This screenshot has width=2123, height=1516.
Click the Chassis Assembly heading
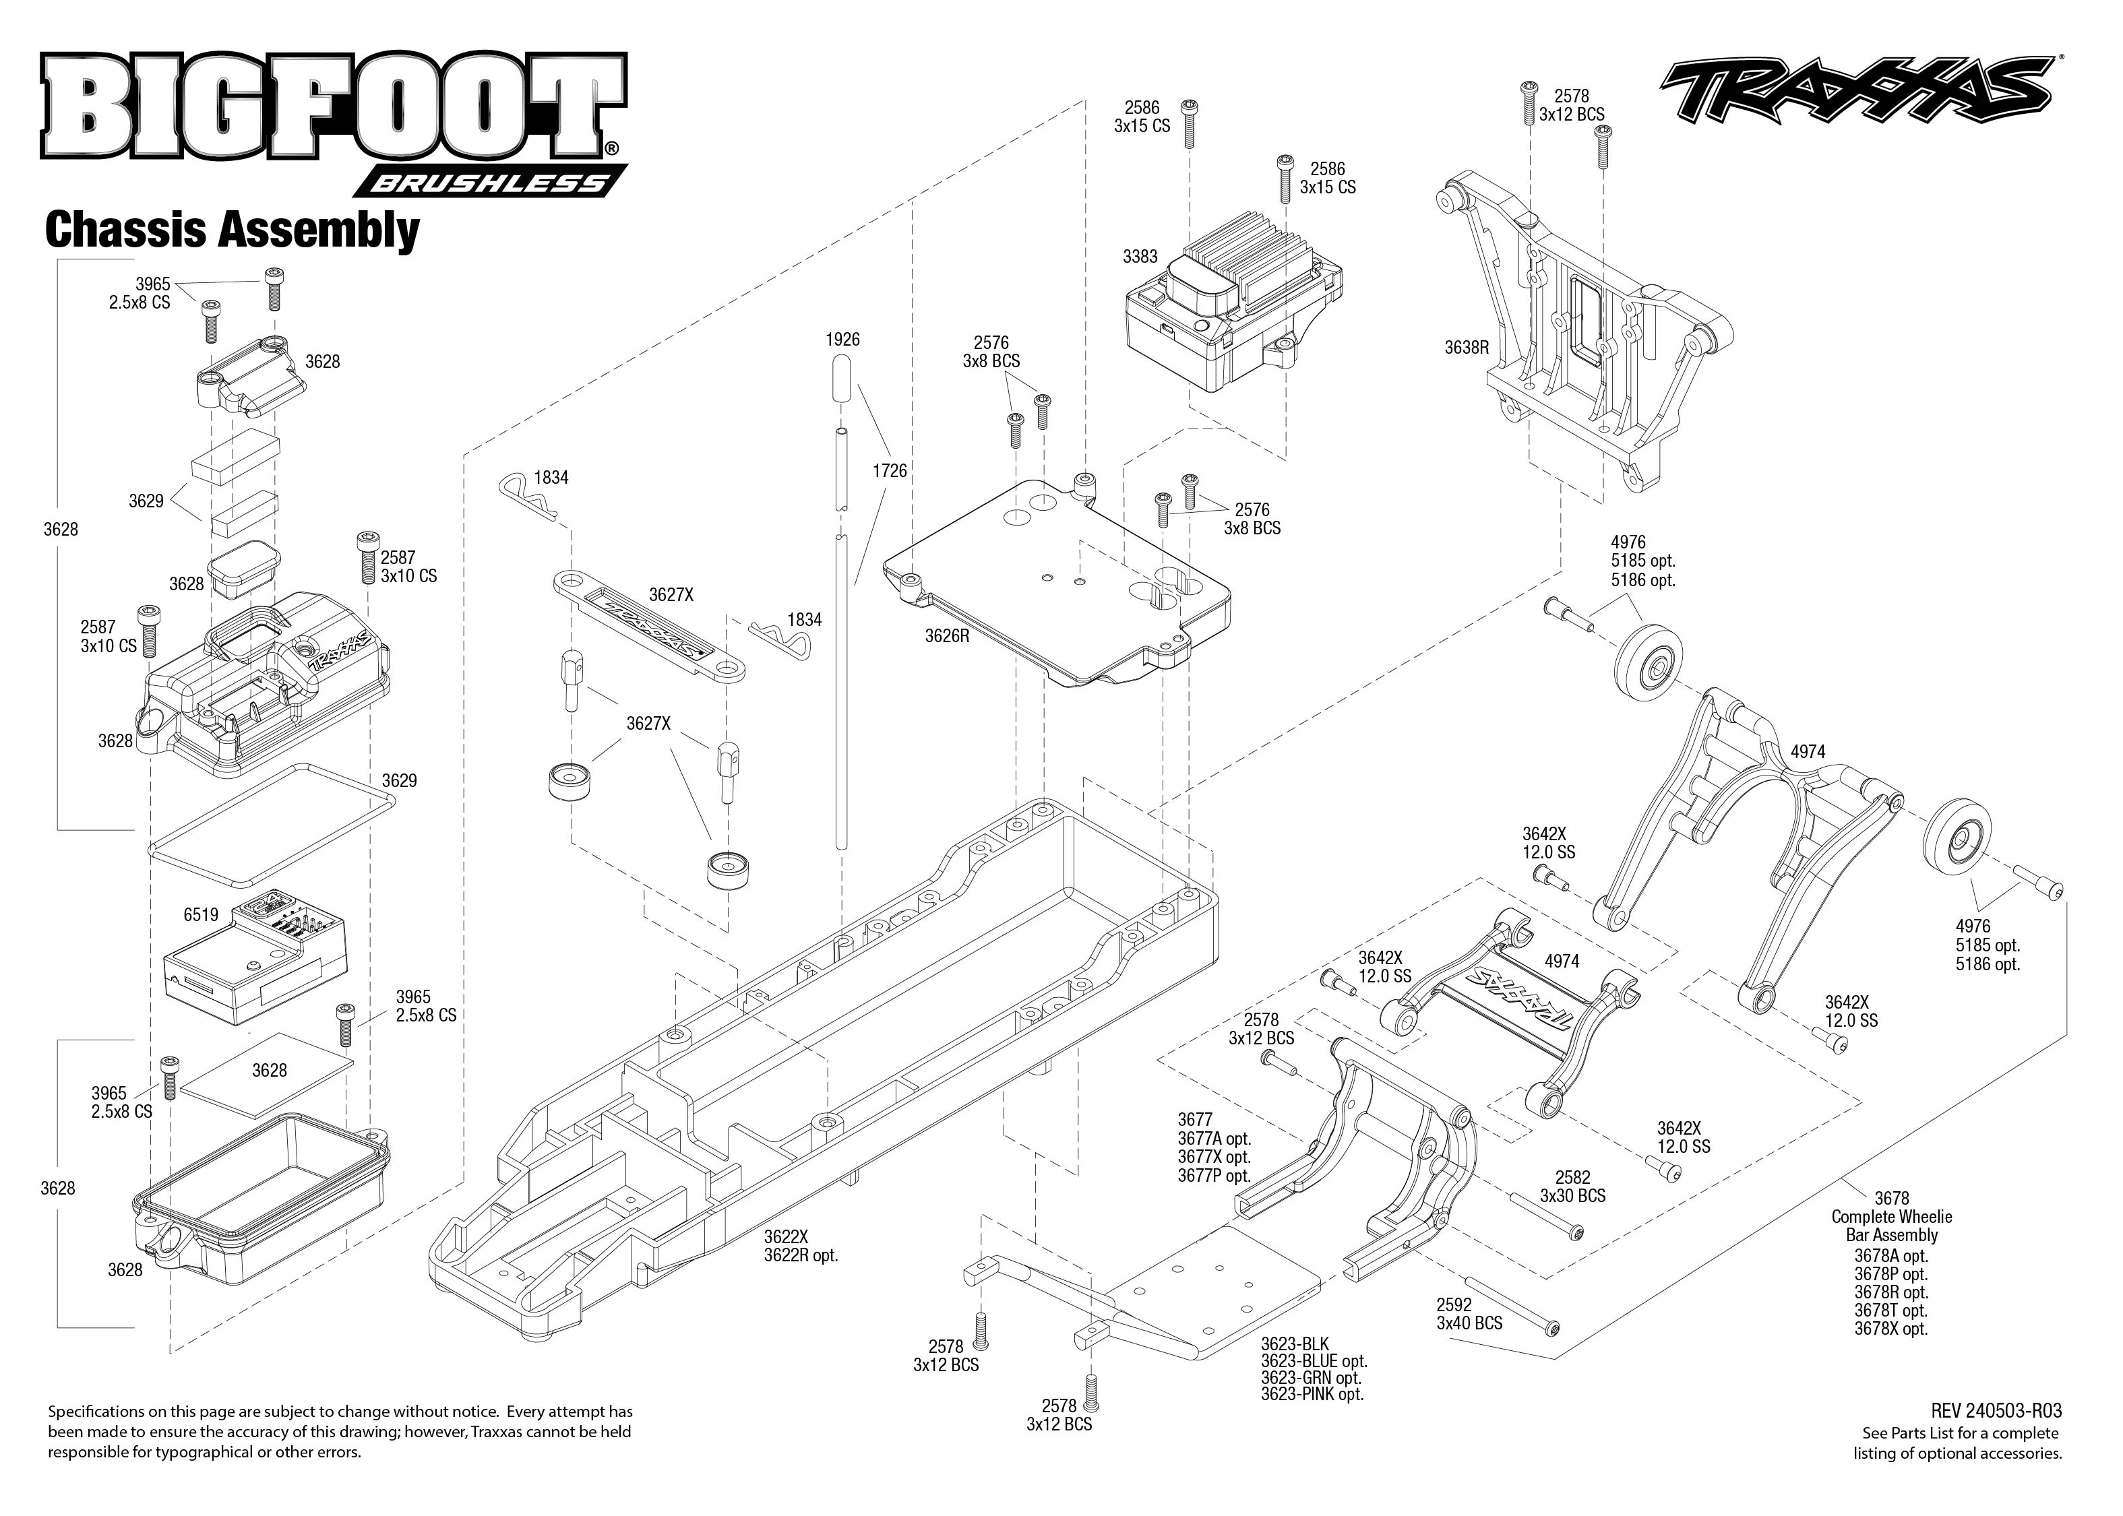click(232, 230)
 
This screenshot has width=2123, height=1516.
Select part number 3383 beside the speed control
click(1140, 256)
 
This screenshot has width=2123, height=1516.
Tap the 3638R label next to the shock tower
click(1466, 347)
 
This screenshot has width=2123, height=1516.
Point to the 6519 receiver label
click(201, 915)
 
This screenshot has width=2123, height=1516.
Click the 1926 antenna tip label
click(842, 340)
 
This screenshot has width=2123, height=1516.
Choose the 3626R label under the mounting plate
click(947, 636)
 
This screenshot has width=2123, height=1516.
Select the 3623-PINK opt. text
click(1312, 1395)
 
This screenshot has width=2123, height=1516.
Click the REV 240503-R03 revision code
click(1996, 1412)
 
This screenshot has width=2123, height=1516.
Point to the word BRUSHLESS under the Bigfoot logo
click(488, 183)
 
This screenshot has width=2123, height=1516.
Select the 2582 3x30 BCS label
click(1572, 1187)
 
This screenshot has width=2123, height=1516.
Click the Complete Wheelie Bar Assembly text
click(1890, 1226)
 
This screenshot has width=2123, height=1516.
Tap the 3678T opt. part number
click(1890, 1310)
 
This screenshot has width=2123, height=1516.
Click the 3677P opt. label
click(1214, 1176)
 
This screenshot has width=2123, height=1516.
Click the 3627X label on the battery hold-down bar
click(671, 595)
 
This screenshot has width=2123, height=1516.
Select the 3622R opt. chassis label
click(800, 1255)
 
